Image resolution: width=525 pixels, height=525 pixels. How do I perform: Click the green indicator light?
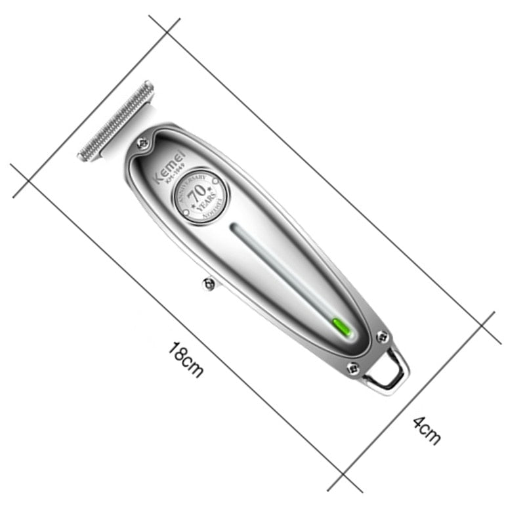[x=341, y=325]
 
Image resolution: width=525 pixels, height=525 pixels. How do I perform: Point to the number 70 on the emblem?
[x=197, y=196]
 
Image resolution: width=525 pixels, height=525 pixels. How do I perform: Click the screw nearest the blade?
[x=142, y=142]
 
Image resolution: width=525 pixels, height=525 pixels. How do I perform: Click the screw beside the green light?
[x=383, y=337]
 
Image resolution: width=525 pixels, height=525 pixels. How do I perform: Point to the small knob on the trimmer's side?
[x=208, y=283]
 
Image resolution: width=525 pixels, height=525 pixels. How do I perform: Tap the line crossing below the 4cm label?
[x=344, y=474]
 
